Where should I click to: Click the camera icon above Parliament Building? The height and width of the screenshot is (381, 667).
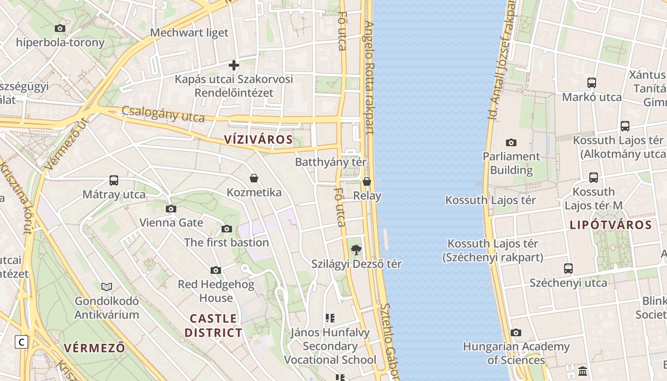[x=511, y=142]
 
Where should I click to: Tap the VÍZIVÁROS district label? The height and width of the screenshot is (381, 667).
[x=259, y=140]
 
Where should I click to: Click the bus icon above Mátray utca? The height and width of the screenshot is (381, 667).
[x=114, y=180]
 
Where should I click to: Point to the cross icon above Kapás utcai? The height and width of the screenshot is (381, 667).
[x=234, y=65]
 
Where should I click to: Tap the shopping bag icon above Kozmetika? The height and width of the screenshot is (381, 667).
[x=254, y=179]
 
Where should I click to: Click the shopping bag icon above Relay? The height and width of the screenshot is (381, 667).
[x=367, y=181]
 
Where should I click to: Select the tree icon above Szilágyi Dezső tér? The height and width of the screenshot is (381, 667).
[x=356, y=250]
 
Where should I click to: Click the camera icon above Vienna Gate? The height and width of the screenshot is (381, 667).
[x=171, y=209]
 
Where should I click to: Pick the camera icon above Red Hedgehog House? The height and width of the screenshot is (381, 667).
[x=216, y=271]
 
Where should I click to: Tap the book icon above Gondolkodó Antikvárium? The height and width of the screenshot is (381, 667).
[x=107, y=287]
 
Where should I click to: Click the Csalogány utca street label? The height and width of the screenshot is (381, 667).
[x=163, y=114]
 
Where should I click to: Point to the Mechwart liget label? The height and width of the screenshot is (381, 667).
[x=189, y=33]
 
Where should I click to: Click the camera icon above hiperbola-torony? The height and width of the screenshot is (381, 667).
[x=60, y=29]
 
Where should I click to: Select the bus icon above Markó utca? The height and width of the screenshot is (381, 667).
[x=592, y=83]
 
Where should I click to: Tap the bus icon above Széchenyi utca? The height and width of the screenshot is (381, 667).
[x=568, y=268]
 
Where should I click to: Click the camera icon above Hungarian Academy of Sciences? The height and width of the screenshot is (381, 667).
[x=516, y=332]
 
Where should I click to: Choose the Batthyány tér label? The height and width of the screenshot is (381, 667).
[x=331, y=162]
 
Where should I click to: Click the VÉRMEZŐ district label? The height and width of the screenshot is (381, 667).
[x=95, y=348]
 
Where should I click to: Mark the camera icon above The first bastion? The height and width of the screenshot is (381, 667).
[x=227, y=229]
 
